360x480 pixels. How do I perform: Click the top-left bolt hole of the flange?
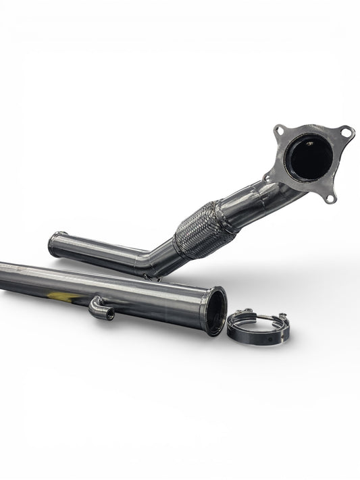tap(279, 130)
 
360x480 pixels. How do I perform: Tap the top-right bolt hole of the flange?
tap(346, 132)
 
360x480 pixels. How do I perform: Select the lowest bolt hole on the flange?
tap(330, 198)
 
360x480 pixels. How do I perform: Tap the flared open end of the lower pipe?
tap(213, 311)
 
